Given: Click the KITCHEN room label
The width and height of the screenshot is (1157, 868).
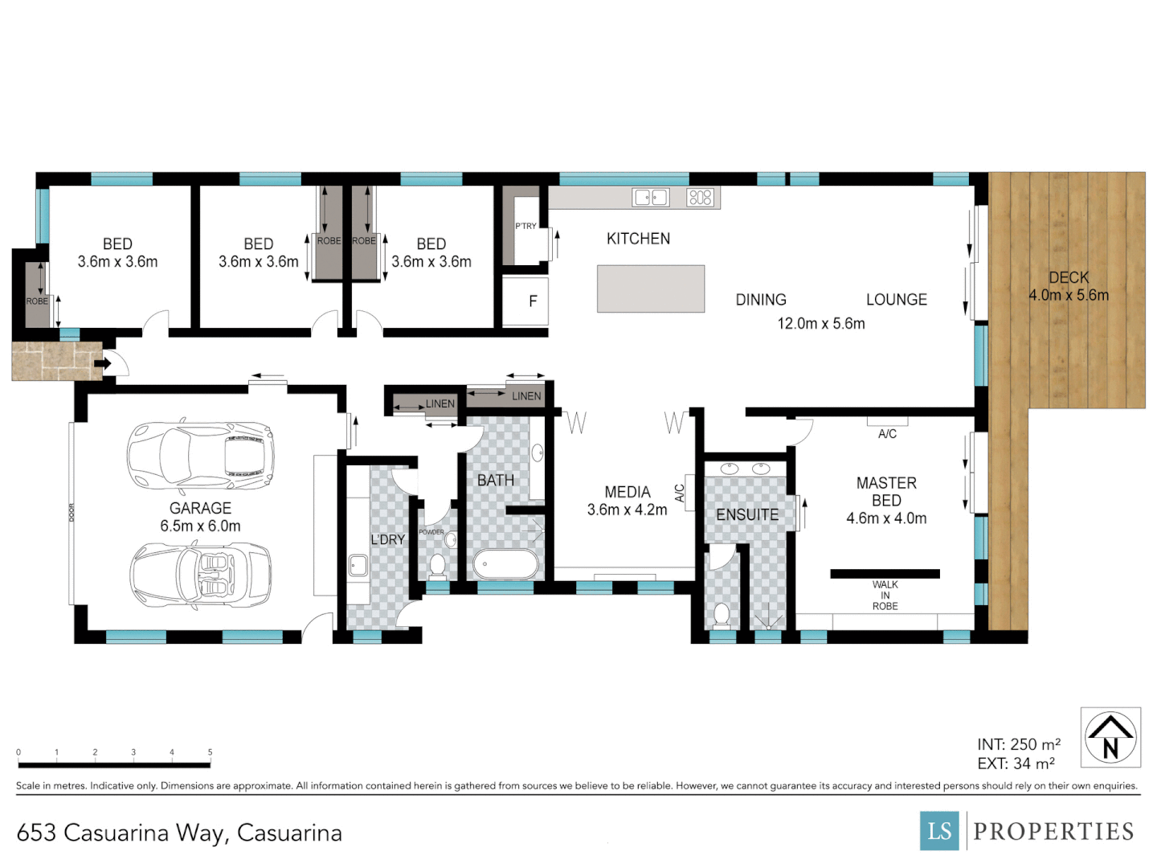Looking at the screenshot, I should [638, 239].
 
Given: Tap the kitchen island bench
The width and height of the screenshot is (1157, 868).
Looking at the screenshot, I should [651, 289].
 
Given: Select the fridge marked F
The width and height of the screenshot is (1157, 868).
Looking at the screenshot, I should [532, 301].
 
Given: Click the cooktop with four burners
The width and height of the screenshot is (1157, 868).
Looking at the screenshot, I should [700, 197].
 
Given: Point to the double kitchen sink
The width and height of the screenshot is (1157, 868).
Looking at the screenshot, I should [651, 197].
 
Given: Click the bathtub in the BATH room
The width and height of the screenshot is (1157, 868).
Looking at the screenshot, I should [505, 564].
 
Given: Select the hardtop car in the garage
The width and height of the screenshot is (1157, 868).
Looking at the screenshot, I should [200, 455].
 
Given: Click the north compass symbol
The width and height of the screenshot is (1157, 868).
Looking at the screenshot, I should [1110, 737].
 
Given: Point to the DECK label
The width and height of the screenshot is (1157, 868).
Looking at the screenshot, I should [1069, 277].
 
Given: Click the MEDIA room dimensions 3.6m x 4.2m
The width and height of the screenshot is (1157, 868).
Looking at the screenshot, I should [627, 510].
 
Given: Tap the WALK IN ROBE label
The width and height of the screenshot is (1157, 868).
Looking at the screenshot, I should [885, 596].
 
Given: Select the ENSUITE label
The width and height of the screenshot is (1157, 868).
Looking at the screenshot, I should [747, 515].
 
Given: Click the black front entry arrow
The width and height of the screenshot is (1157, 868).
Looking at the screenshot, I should [103, 364].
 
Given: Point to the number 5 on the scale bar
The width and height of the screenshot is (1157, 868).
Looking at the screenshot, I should [211, 752].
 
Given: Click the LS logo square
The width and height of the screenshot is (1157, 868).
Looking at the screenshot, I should [939, 831].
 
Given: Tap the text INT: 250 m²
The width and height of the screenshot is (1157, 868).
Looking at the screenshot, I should [1018, 744].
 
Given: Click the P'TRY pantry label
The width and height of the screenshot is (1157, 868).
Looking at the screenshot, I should [525, 226].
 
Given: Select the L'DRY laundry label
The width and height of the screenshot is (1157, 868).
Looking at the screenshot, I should [387, 539].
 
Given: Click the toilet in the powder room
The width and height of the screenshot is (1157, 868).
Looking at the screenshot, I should [437, 567].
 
